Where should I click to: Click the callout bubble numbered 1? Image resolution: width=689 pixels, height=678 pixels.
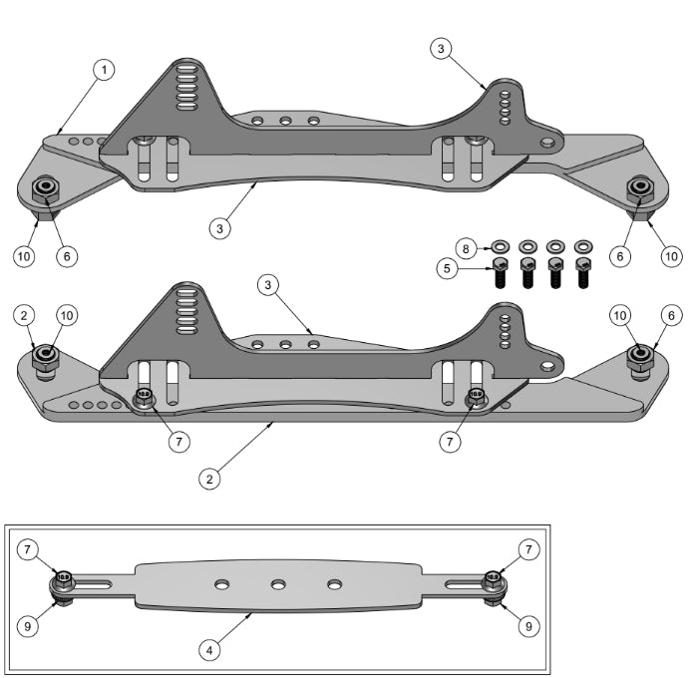tap(104, 70)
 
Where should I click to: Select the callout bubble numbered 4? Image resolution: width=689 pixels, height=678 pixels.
tap(208, 651)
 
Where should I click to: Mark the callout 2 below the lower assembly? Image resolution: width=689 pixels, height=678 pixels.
tap(208, 479)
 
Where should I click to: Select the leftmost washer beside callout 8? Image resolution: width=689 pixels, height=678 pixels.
tap(501, 244)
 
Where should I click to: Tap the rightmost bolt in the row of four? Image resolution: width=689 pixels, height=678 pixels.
tap(583, 270)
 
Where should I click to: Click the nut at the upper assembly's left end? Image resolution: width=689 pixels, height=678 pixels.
tap(44, 188)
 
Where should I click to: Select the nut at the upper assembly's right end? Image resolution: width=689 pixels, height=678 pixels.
tap(639, 188)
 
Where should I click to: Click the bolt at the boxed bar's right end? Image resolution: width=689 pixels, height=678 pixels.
tap(493, 581)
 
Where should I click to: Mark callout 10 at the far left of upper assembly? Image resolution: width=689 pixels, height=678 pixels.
tap(23, 256)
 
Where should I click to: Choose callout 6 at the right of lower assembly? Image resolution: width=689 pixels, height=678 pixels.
tap(670, 315)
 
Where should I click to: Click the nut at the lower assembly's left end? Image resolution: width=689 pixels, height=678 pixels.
tap(44, 356)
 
